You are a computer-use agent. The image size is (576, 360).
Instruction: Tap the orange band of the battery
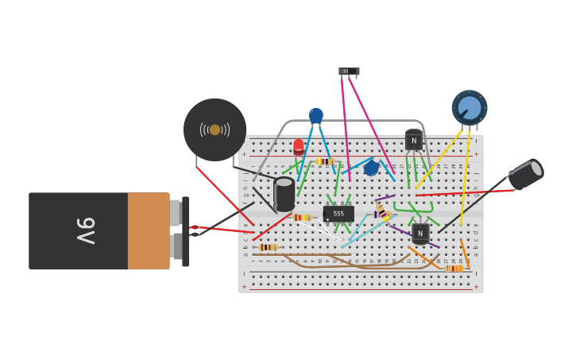pos(148,230)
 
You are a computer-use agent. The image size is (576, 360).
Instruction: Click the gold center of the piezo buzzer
pos(215,130)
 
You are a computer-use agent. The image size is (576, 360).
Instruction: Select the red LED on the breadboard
pos(299,147)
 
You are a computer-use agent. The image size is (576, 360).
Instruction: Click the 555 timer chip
pos(338,214)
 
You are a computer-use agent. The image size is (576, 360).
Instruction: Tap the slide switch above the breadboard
pos(349,72)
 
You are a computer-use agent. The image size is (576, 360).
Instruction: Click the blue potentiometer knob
pos(469,107)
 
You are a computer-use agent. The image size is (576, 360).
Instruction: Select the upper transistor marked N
pos(414,141)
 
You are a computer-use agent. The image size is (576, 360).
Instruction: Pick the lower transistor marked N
pos(420,232)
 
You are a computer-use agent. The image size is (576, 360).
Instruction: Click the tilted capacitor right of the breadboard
pos(526,174)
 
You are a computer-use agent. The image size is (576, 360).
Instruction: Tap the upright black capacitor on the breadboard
pos(284,194)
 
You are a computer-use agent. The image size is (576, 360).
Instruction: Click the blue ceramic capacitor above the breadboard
pos(316,116)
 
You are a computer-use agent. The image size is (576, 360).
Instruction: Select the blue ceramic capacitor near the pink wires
pos(371,168)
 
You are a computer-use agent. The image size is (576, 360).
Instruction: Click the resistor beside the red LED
pos(325,161)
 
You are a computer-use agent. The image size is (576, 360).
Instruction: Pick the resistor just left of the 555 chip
pos(302,217)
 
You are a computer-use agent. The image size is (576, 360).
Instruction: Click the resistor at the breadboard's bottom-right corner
pos(454,269)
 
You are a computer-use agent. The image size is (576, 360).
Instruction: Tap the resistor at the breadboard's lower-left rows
pos(269,247)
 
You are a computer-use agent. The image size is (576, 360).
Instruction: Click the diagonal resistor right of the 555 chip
pos(380,211)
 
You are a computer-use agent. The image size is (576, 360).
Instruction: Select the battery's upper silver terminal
pos(175,212)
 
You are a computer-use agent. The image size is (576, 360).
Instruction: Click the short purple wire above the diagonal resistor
pos(385,197)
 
